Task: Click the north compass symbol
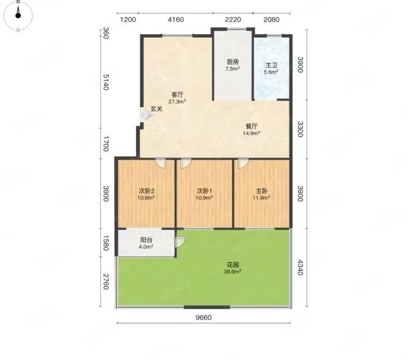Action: pyautogui.click(x=18, y=15)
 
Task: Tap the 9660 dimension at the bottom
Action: pyautogui.click(x=204, y=317)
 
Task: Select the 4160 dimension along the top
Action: pyautogui.click(x=176, y=19)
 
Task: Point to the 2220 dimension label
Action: pyautogui.click(x=233, y=19)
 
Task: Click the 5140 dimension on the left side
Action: pyautogui.click(x=105, y=82)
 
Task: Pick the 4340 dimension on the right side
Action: pyautogui.click(x=300, y=267)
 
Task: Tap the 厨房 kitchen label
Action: pyautogui.click(x=232, y=62)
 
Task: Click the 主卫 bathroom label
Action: pyautogui.click(x=271, y=65)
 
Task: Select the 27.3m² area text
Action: pyautogui.click(x=177, y=102)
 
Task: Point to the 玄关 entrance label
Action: pyautogui.click(x=156, y=109)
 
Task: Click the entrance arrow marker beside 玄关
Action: pyautogui.click(x=146, y=114)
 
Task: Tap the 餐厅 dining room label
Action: pyautogui.click(x=252, y=126)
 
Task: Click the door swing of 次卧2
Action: pyautogui.click(x=161, y=163)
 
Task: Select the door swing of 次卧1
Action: pyautogui.click(x=186, y=163)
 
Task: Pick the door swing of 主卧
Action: pyautogui.click(x=243, y=163)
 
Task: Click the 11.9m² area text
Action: pyautogui.click(x=261, y=198)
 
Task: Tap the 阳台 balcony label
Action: pyautogui.click(x=146, y=240)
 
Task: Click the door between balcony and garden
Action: pyautogui.click(x=180, y=242)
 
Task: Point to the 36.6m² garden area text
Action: pyautogui.click(x=232, y=272)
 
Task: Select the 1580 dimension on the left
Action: pyautogui.click(x=105, y=243)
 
